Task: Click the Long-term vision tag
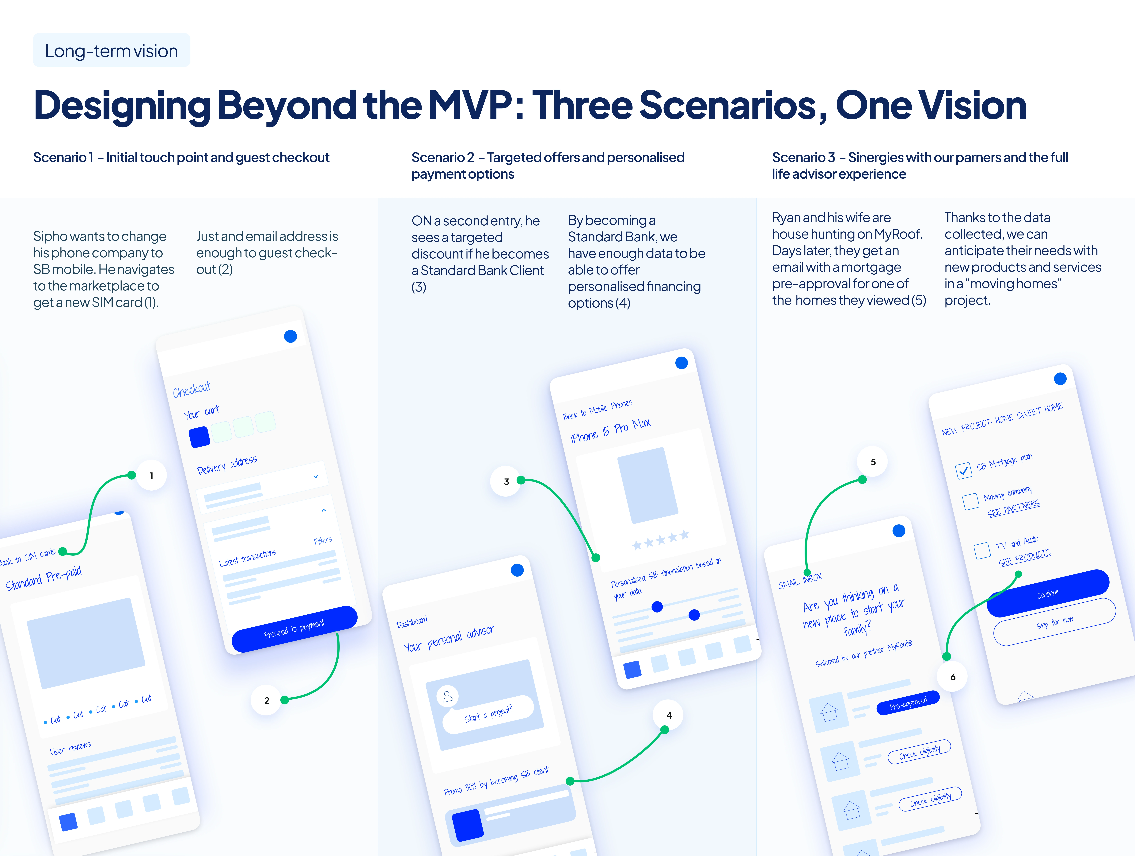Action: point(111,50)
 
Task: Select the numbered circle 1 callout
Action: point(151,476)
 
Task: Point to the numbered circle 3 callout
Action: point(506,482)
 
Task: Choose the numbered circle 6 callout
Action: point(953,677)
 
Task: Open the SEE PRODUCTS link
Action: point(1025,558)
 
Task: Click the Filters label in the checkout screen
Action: point(323,540)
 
